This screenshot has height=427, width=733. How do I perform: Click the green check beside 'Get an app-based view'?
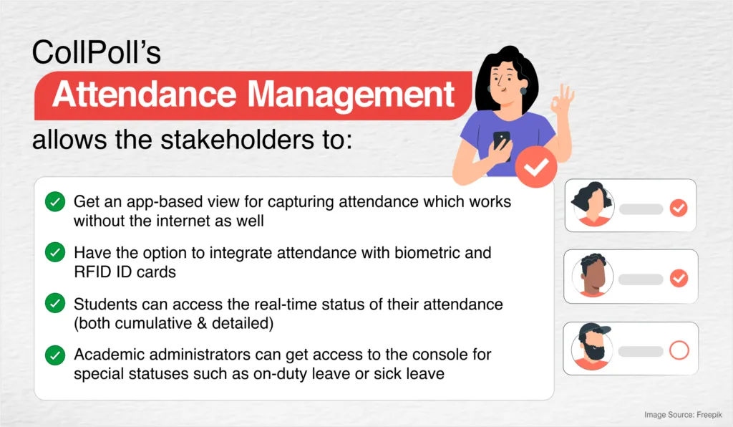coord(54,202)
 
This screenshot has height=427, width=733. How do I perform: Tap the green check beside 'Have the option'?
coord(54,253)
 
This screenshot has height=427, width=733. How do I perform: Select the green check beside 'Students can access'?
coord(54,304)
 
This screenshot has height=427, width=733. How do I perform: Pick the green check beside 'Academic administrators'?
coord(54,355)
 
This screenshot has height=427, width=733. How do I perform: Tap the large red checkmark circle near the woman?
coord(535,167)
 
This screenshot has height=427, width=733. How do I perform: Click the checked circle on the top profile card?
coord(678,208)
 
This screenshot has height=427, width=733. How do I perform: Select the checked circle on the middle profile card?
coord(678,279)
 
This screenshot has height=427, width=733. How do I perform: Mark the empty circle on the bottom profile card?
coord(678,350)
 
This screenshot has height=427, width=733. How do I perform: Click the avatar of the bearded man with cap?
coord(592,348)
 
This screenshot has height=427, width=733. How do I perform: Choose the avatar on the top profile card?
coord(592,206)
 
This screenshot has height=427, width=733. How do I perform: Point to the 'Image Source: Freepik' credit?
coord(684,414)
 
